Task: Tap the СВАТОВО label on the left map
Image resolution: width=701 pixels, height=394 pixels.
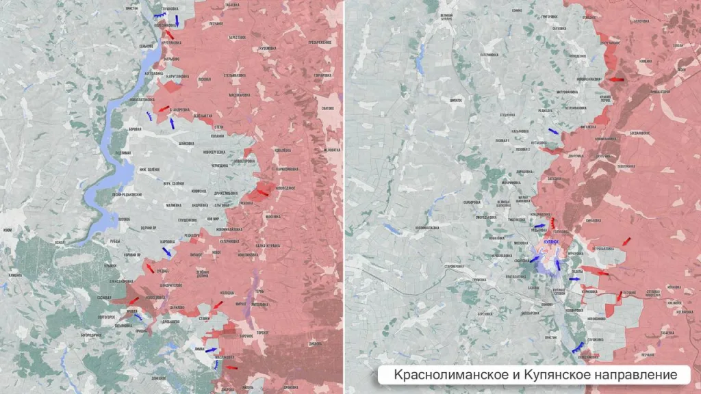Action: [327, 108]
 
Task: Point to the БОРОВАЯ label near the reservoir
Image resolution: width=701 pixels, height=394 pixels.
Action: [135, 129]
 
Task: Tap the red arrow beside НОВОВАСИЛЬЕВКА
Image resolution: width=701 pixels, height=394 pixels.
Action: [617, 79]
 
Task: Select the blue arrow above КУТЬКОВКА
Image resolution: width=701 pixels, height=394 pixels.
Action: [552, 132]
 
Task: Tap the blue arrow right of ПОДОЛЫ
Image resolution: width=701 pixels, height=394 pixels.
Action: [574, 278]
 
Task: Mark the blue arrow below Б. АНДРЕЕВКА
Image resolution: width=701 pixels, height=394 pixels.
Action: [172, 123]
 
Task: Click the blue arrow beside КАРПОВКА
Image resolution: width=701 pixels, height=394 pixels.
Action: [166, 252]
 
